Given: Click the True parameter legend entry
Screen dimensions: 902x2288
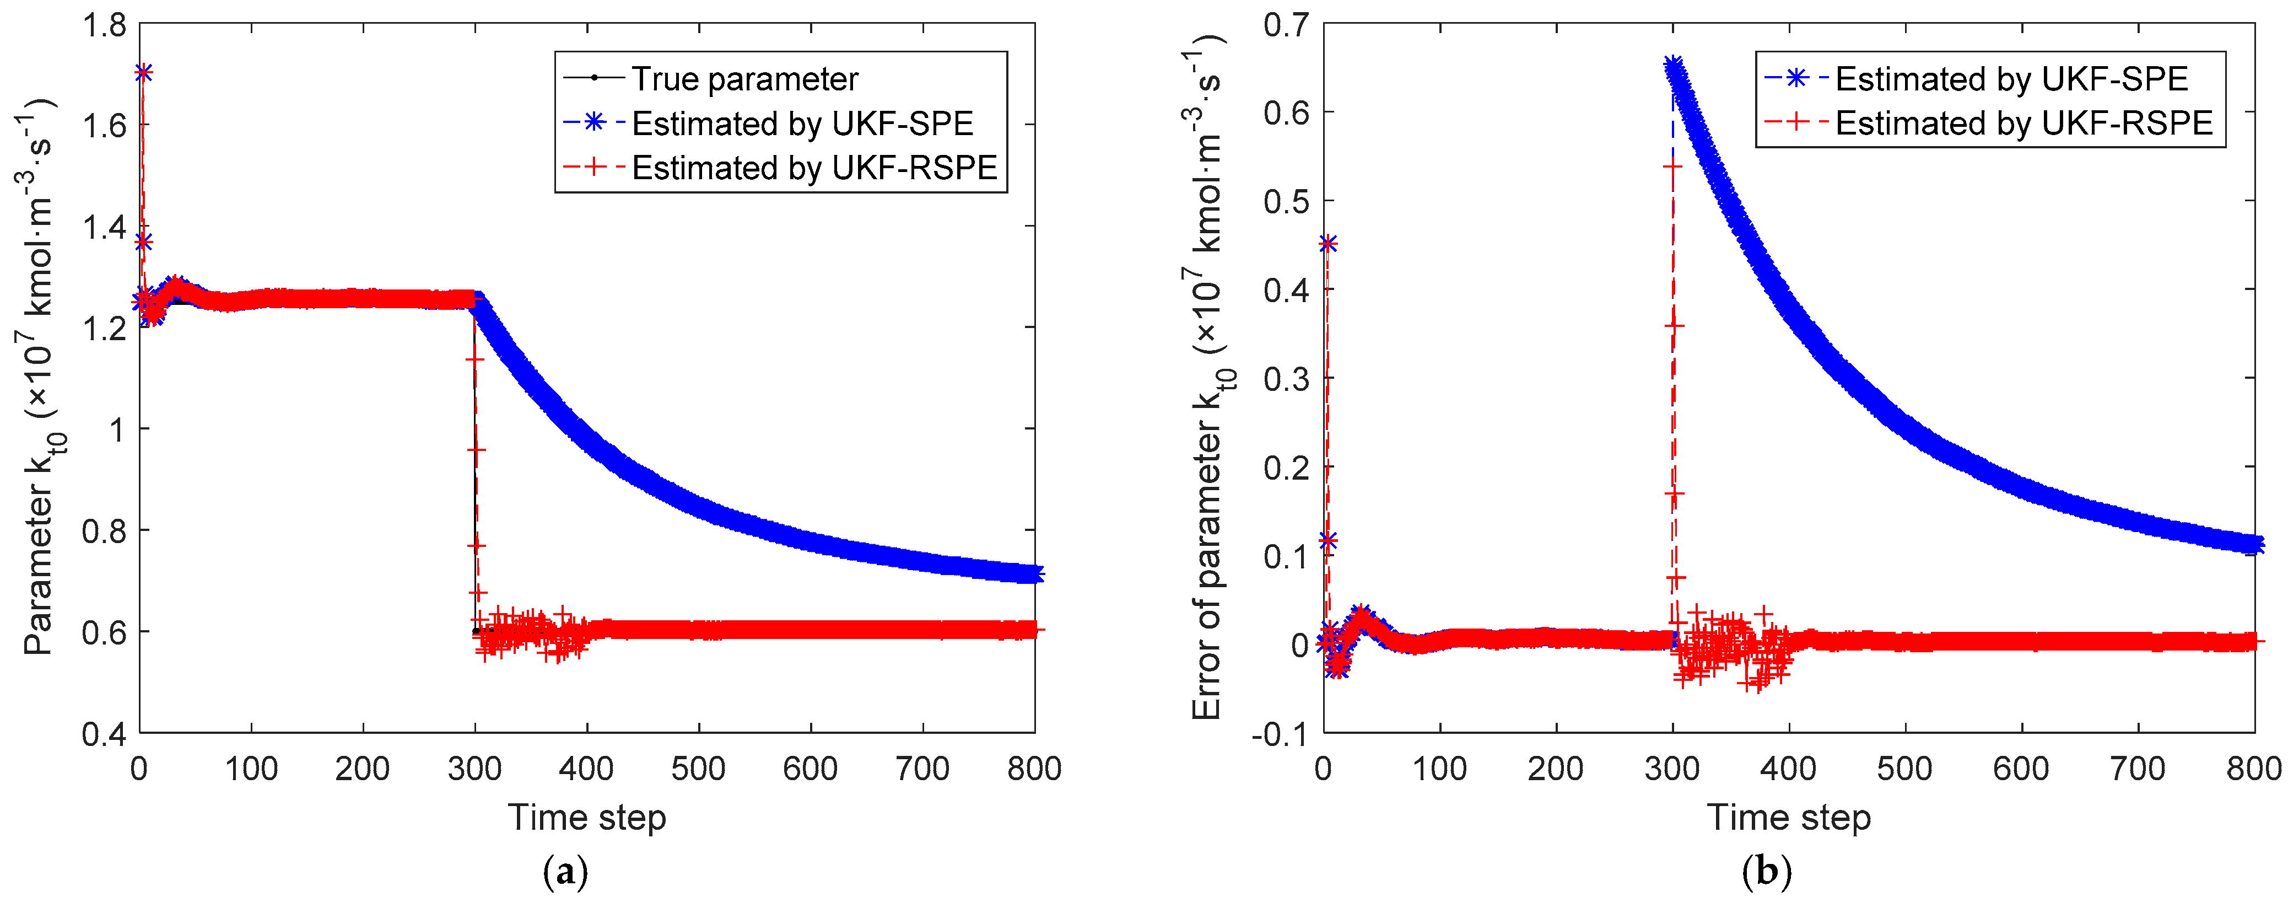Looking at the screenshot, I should coord(744,79).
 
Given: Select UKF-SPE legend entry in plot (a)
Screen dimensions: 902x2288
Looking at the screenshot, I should coord(802,124).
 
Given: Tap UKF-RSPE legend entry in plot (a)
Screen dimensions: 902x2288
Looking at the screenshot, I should coord(813,167).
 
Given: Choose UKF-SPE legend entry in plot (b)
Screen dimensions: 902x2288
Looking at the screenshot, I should coord(2011,79).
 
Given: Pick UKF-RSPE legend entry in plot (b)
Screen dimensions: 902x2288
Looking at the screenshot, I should coord(2023,124).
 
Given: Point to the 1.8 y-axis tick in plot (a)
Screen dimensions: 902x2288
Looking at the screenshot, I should coord(104,25).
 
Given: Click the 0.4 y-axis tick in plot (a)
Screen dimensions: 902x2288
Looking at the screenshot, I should coord(104,734).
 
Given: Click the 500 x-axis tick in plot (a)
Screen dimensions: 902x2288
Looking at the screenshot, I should coord(698,769).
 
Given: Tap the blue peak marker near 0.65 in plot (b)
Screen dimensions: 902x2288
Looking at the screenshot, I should coord(1674,65).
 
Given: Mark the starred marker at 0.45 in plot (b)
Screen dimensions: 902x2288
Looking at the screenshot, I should coord(1328,244).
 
